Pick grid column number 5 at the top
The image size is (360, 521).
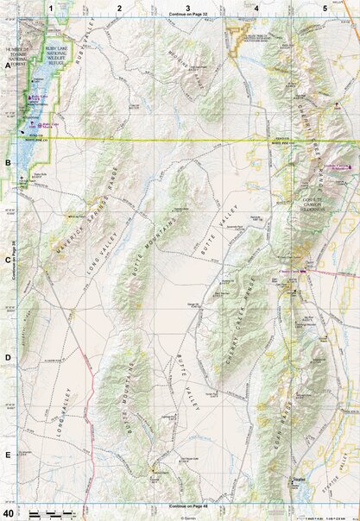325,7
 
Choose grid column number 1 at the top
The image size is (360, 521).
51,7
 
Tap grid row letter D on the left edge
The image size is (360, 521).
7,356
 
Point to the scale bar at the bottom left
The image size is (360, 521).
47,514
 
